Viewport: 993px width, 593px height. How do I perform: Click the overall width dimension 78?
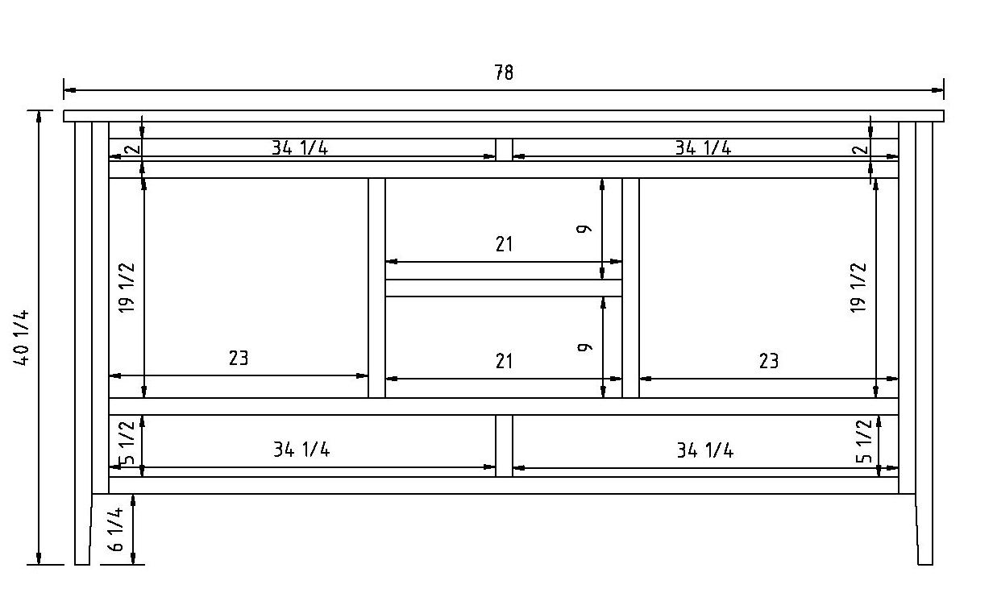tap(504, 73)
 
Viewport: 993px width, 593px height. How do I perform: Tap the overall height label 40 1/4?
tap(23, 338)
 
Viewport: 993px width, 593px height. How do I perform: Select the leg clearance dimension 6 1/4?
tap(117, 529)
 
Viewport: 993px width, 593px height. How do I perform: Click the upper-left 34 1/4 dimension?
tap(300, 147)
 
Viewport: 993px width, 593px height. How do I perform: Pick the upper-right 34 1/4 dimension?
tap(703, 147)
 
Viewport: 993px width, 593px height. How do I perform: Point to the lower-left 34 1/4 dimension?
tap(301, 450)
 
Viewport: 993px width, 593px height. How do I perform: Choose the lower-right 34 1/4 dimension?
tap(705, 450)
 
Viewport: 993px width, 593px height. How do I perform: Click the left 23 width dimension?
tap(239, 358)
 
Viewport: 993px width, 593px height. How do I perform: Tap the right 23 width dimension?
tap(769, 360)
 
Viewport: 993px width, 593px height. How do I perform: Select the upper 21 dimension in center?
tap(504, 244)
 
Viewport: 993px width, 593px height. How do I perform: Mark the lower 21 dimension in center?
tap(504, 360)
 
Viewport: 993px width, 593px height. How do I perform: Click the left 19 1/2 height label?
tap(127, 288)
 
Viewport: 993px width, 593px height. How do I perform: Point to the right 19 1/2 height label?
tap(859, 288)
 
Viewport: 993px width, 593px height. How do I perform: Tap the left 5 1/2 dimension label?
tap(127, 443)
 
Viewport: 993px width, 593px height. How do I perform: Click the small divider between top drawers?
tap(504, 150)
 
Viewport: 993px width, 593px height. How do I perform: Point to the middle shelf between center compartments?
tap(504, 288)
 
